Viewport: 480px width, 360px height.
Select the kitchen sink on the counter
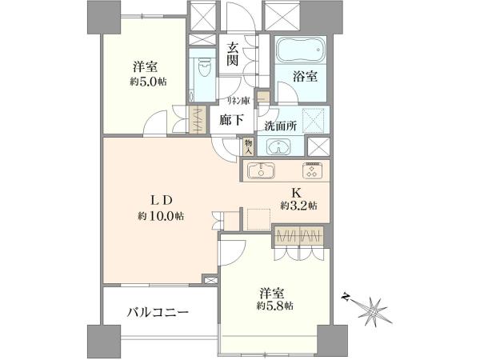(x=261, y=170)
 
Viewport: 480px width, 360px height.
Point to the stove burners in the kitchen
(x=312, y=170)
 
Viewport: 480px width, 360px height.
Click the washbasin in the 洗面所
(x=278, y=146)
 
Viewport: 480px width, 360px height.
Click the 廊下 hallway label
(x=231, y=120)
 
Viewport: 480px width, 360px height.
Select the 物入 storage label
(x=248, y=146)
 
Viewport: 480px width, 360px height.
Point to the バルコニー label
(x=158, y=313)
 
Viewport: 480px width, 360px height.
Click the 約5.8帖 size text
(x=274, y=306)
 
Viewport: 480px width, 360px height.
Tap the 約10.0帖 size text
(x=161, y=217)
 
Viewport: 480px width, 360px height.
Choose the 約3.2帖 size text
(x=298, y=206)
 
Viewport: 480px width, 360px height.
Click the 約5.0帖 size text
(x=148, y=82)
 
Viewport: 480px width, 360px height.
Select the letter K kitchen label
(x=296, y=193)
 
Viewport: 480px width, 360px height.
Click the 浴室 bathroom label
(x=305, y=76)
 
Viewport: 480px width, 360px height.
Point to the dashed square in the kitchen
(x=258, y=219)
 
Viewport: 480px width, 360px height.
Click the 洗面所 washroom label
(x=281, y=126)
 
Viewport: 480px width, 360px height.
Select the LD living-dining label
(x=161, y=201)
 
